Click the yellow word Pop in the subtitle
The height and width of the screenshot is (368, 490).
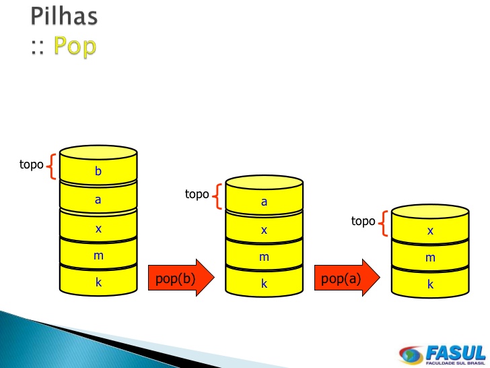[x=75, y=46]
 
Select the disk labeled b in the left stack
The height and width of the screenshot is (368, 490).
[x=98, y=171]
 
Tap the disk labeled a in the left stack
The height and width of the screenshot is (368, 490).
[x=98, y=200]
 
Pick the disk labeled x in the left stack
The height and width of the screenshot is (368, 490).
[x=98, y=228]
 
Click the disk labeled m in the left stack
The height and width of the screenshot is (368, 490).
[x=98, y=256]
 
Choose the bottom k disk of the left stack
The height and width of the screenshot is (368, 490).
[x=98, y=282]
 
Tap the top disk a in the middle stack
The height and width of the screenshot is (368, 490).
[x=264, y=201]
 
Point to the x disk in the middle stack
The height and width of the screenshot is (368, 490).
[x=264, y=230]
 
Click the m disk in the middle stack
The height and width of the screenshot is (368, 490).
[x=264, y=257]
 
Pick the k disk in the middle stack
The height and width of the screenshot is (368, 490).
[x=264, y=284]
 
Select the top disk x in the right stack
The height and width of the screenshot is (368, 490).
[x=430, y=230]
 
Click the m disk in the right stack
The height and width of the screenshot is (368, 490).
[x=430, y=257]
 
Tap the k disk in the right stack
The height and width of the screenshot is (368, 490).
[x=430, y=284]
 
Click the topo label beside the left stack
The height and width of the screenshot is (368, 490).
[x=31, y=164]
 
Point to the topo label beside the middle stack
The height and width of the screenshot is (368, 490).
[x=197, y=194]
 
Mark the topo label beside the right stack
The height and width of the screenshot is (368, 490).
[x=363, y=221]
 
